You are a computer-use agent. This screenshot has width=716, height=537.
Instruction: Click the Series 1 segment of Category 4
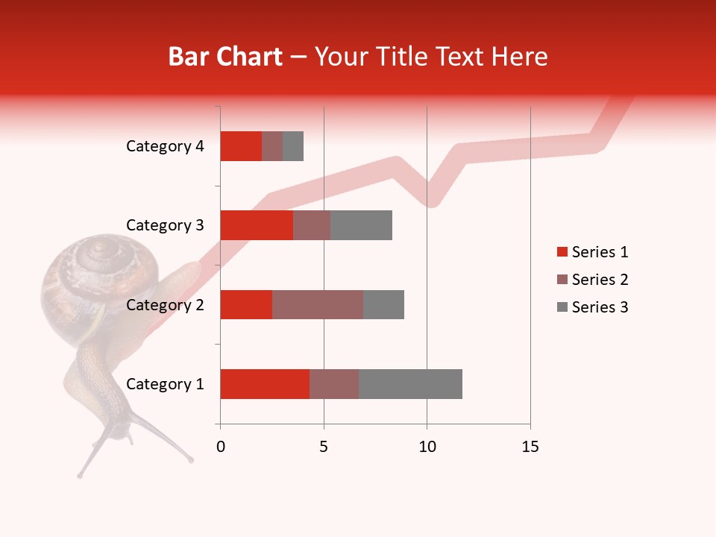241,146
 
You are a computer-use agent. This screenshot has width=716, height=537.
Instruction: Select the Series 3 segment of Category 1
410,384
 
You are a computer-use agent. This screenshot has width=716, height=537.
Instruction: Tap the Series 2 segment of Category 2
318,304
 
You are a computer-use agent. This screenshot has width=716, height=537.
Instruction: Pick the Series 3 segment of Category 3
361,225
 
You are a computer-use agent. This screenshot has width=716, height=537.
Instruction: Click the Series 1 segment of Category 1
265,384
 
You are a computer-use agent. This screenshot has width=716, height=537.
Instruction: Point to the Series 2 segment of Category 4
272,146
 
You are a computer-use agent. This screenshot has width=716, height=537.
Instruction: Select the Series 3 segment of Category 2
383,304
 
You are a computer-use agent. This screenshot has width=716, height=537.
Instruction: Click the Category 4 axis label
165,146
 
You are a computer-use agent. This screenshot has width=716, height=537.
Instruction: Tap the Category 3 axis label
165,225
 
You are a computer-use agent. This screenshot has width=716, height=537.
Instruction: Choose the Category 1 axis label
165,384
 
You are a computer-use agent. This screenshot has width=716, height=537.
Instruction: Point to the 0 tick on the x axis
221,447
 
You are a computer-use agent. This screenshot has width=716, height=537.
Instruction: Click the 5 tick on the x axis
324,447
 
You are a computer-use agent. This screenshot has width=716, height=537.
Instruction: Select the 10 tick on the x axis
427,447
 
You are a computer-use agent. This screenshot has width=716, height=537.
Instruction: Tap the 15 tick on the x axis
530,447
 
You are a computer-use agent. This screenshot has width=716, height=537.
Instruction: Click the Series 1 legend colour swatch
562,252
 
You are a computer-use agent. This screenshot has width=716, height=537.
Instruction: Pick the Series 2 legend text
600,280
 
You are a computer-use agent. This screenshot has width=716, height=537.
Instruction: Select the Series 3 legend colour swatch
562,307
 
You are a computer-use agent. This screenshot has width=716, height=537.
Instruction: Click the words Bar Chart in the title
225,57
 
